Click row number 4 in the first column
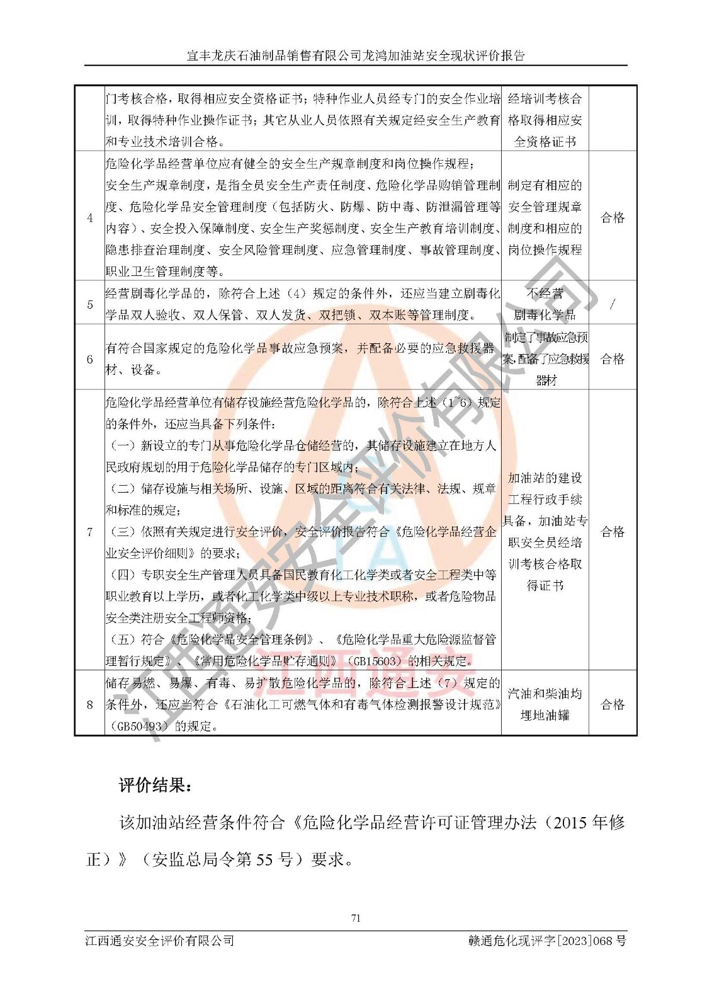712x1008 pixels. tap(89, 218)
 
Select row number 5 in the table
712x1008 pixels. tap(89, 304)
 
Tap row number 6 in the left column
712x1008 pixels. tap(89, 359)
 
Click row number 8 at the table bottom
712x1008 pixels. tap(89, 704)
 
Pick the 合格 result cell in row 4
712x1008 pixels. tap(613, 218)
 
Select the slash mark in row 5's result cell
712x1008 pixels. tap(613, 304)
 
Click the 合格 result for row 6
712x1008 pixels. tap(613, 359)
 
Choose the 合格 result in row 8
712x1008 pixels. tap(613, 704)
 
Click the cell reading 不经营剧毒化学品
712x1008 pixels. tap(545, 304)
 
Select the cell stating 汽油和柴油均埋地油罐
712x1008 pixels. tap(545, 704)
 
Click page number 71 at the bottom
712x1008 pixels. tap(356, 919)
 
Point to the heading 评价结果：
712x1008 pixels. tap(155, 786)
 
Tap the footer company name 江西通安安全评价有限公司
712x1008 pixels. tap(160, 941)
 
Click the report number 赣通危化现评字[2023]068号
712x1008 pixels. tap(547, 941)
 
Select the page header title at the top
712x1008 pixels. tap(356, 55)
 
